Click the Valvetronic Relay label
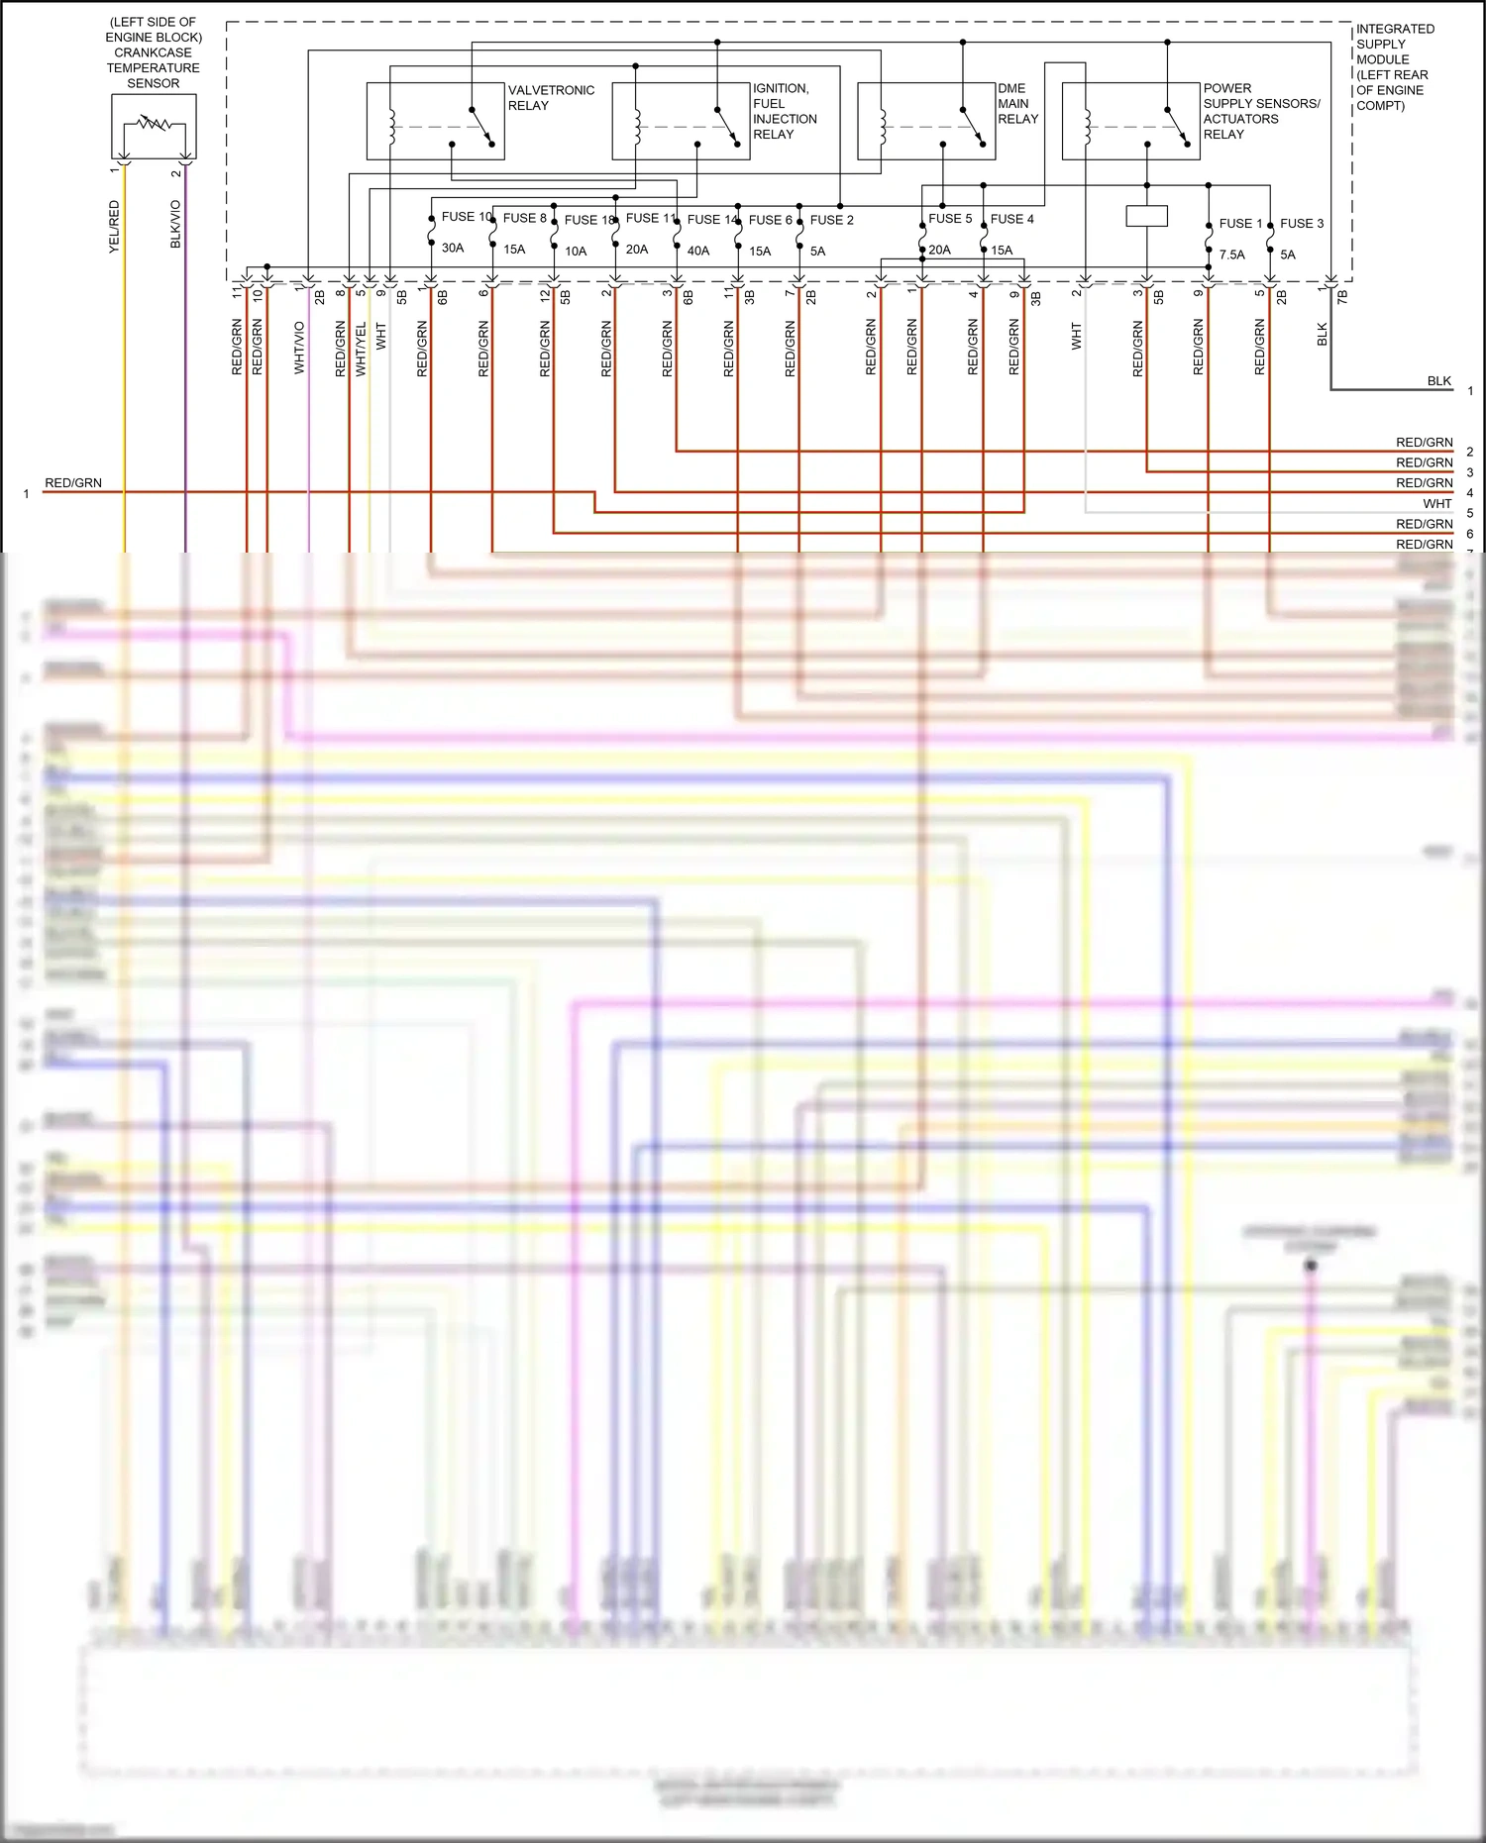coord(551,98)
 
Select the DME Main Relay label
coord(1017,104)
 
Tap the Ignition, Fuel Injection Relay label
coord(785,111)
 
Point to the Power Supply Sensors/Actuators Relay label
coord(1261,111)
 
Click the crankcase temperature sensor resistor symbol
coord(154,126)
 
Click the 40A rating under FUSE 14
coord(698,252)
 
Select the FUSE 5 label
coord(950,219)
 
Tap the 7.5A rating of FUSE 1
coord(1231,256)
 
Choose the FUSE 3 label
coord(1302,224)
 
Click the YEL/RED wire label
coord(114,227)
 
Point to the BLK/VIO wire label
coord(176,225)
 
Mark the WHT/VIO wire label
coord(299,348)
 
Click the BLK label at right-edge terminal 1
coord(1438,381)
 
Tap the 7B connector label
coord(1342,295)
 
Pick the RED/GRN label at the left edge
coord(73,483)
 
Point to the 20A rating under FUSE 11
coord(637,250)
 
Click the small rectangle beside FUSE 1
coord(1146,216)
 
